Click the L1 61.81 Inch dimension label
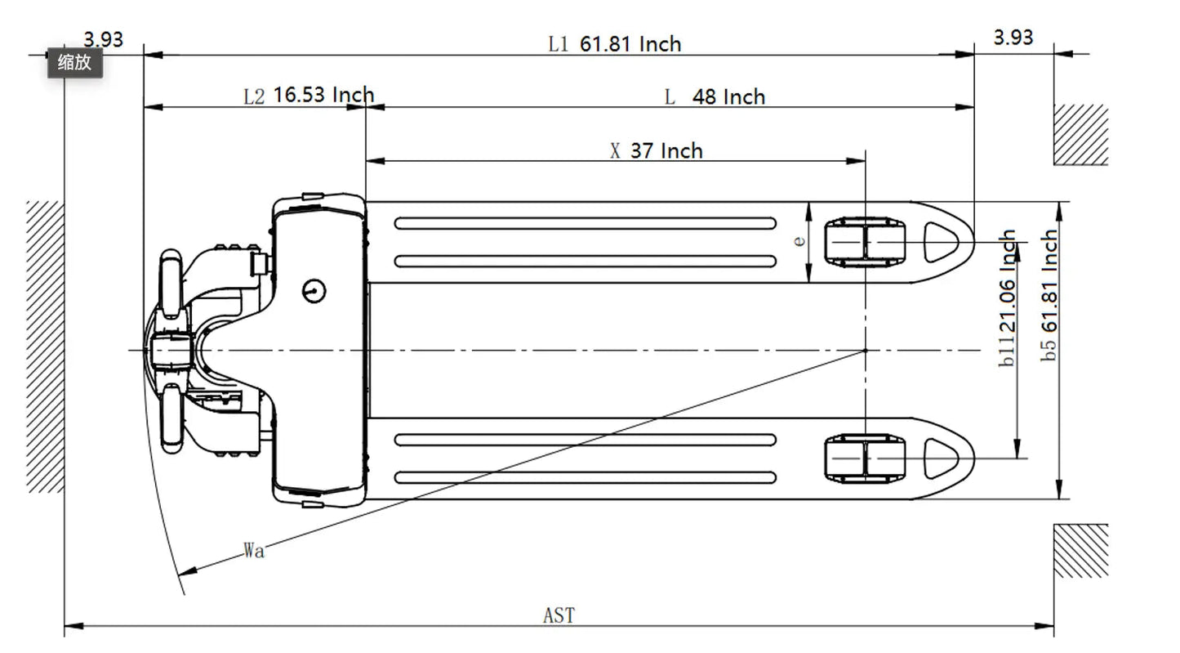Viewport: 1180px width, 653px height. pos(614,44)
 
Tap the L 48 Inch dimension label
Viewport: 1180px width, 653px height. pos(715,97)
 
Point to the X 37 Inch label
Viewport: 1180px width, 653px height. pos(656,151)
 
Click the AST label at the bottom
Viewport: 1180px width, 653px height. pos(559,615)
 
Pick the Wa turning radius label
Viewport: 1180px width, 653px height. pos(254,551)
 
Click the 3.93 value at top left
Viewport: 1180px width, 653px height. pos(103,39)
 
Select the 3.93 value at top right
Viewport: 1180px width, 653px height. pos(1013,38)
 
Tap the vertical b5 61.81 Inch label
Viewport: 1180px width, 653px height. pos(1050,295)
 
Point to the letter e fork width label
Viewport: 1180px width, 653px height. pos(799,240)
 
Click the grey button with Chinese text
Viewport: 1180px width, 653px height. pos(74,62)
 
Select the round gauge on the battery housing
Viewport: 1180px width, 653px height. pos(314,289)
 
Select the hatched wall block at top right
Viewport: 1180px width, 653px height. pos(1080,135)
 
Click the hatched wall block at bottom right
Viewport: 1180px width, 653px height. pos(1080,551)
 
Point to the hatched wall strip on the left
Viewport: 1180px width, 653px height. pos(45,346)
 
